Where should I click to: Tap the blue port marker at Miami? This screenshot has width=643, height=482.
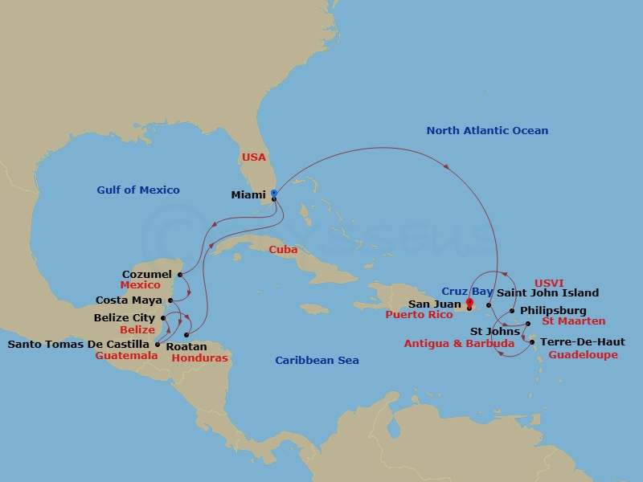(x=274, y=193)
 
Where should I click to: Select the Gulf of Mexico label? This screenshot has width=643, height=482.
(x=138, y=190)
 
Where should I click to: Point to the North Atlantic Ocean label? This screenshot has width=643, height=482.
(x=487, y=131)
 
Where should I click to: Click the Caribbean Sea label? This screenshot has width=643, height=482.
(x=317, y=361)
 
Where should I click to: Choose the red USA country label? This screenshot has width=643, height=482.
(x=254, y=157)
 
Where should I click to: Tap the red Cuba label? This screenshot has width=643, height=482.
(x=283, y=250)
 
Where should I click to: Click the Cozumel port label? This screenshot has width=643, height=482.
(x=148, y=275)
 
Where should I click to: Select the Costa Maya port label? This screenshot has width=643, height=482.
(x=129, y=300)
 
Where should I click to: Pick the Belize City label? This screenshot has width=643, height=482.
(x=125, y=318)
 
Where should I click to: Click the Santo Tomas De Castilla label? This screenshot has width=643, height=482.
(x=78, y=345)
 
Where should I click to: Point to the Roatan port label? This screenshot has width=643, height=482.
(x=186, y=347)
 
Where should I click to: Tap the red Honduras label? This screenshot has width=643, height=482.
(x=200, y=358)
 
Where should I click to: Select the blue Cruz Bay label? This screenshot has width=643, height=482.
(x=466, y=292)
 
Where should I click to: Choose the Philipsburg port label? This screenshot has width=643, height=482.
(x=553, y=310)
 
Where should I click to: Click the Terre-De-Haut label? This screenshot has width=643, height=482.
(x=582, y=342)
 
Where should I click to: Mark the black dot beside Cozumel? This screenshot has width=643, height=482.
(x=179, y=275)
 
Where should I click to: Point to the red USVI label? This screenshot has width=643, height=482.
(x=549, y=283)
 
